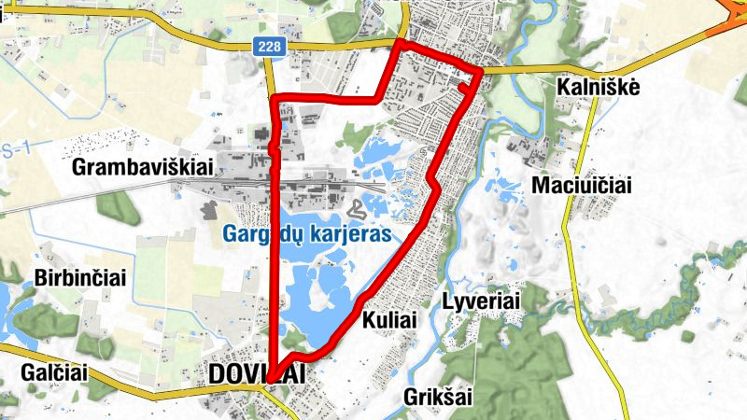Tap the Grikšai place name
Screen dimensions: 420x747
click(438, 397)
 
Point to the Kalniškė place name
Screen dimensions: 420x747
click(598, 87)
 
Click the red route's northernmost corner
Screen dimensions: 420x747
click(399, 43)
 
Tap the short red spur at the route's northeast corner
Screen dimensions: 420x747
click(464, 86)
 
